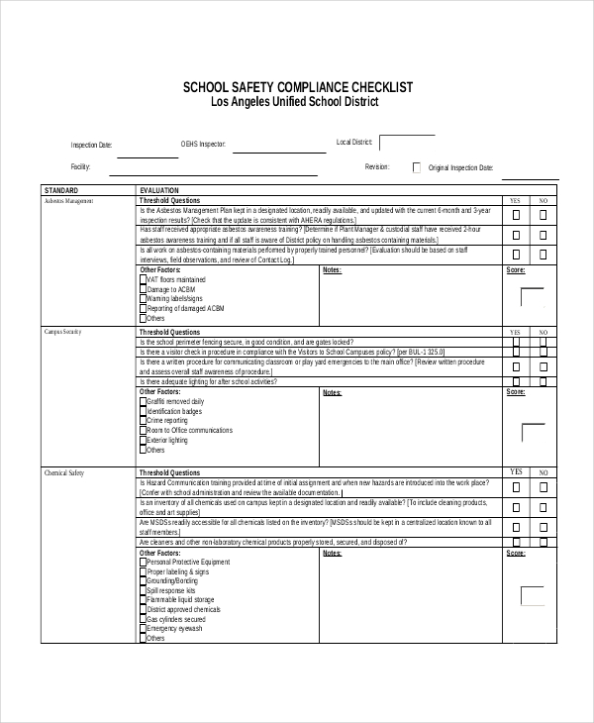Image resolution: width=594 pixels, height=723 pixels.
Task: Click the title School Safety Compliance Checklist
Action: [297, 87]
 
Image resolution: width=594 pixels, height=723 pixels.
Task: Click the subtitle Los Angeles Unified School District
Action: [295, 102]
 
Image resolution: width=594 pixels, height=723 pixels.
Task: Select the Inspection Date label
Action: [91, 145]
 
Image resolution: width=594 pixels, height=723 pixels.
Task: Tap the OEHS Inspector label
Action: [203, 145]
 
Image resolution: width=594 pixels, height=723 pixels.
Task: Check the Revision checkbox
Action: [417, 168]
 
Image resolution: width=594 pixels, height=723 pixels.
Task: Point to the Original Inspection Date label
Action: [460, 168]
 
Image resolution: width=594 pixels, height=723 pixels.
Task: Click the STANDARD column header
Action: [60, 189]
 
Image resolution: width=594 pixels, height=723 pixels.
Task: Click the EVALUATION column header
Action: [159, 189]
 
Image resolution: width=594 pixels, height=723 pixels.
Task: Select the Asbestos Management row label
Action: [68, 200]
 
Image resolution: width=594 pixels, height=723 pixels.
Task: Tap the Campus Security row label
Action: [62, 332]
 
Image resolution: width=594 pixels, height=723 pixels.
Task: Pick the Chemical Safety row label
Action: [64, 473]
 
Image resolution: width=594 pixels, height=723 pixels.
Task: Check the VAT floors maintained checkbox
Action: [143, 279]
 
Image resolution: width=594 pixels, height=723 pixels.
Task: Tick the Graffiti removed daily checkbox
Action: [143, 401]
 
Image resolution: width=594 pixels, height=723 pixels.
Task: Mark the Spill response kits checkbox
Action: [143, 590]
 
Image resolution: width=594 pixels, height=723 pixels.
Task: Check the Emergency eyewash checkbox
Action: [143, 629]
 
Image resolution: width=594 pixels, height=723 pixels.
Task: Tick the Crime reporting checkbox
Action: [143, 421]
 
